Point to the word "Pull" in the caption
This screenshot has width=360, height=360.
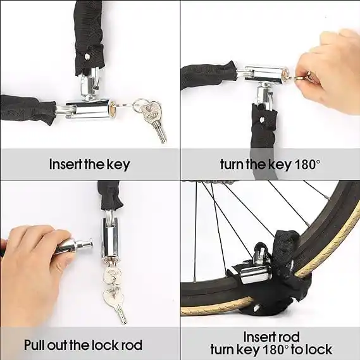[34, 345]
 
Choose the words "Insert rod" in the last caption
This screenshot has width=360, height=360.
[271, 337]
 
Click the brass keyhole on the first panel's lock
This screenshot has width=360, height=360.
[113, 108]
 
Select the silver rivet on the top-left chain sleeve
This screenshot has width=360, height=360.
[87, 56]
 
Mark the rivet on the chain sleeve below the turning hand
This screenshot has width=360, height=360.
[261, 119]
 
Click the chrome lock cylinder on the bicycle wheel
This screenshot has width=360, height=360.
[256, 275]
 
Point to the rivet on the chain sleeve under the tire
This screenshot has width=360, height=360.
[257, 307]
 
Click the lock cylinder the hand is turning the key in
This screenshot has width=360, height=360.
[267, 75]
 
